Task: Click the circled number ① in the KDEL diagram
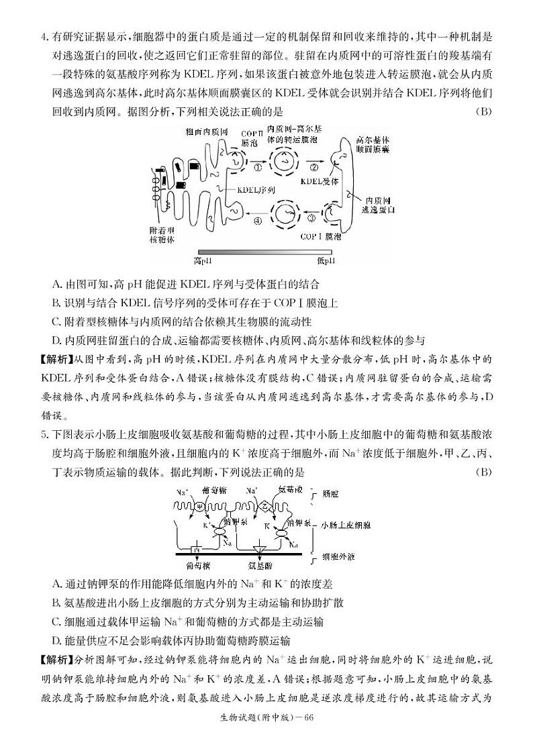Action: (258, 166)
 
